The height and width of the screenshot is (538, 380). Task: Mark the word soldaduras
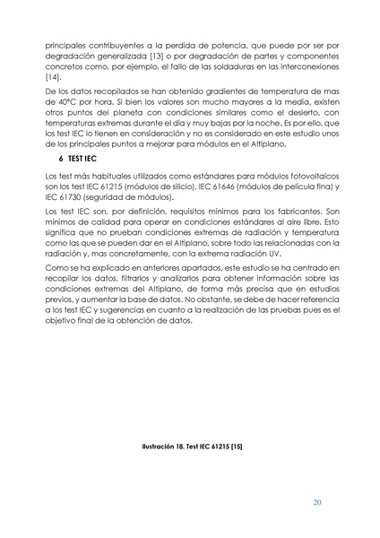[218, 66]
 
